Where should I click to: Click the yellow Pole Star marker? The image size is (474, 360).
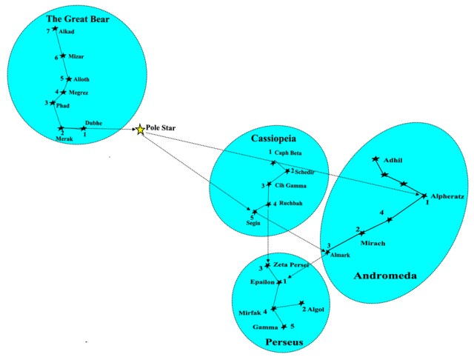tap(141, 130)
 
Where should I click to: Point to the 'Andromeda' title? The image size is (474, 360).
tap(385, 276)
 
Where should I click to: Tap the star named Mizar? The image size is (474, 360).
tap(63, 56)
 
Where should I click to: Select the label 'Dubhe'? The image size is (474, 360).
tap(94, 123)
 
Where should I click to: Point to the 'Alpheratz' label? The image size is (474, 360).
tap(447, 197)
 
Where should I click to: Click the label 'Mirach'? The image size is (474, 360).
tap(373, 242)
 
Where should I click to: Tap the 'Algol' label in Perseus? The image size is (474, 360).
tap(316, 309)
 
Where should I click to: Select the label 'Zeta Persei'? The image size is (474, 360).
tap(291, 264)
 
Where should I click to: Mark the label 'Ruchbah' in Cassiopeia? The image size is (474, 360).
tap(291, 203)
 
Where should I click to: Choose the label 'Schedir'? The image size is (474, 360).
tap(304, 172)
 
